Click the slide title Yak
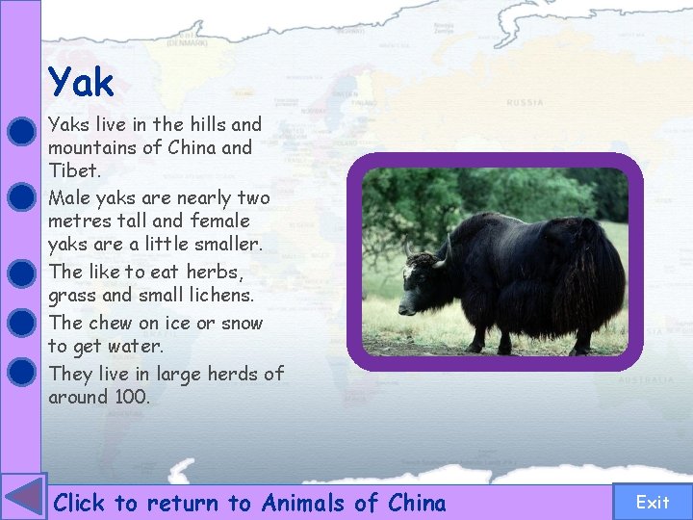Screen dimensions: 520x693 [x=82, y=83]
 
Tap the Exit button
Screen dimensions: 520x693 [x=653, y=502]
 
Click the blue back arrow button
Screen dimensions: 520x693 [x=23, y=499]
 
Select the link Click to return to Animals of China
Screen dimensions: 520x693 [x=250, y=503]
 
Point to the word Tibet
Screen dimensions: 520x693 [x=71, y=170]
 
